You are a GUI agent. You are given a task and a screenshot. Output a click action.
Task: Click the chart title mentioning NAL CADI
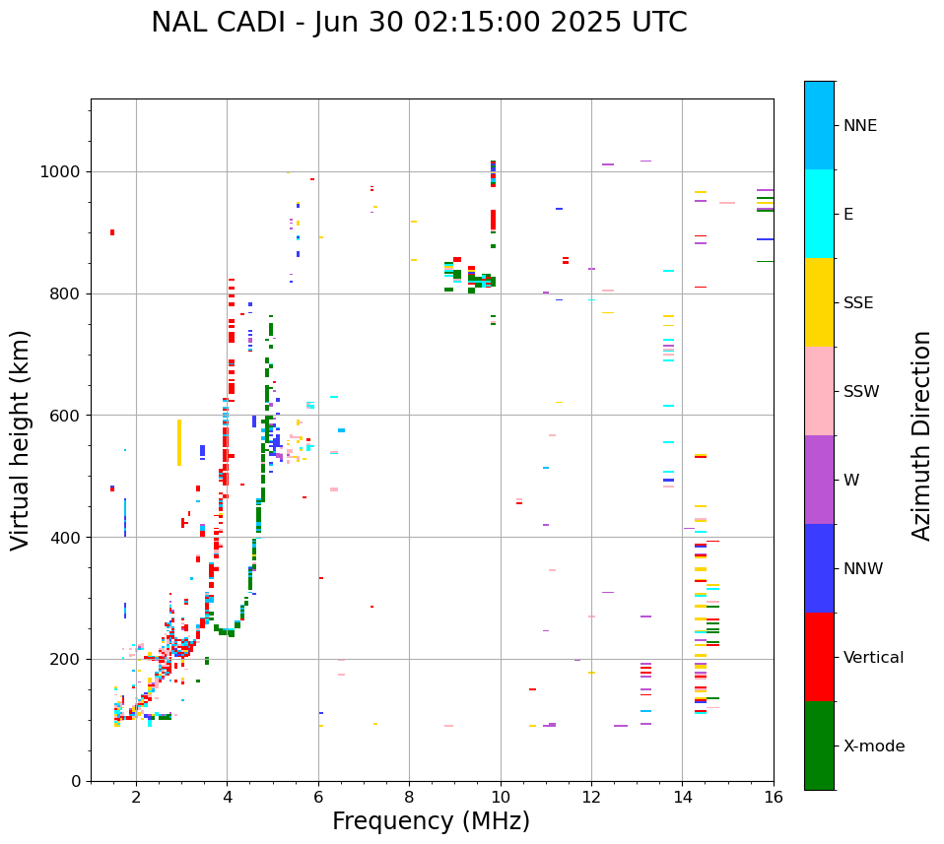(x=419, y=23)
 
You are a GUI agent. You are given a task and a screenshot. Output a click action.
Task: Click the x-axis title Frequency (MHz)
(x=431, y=821)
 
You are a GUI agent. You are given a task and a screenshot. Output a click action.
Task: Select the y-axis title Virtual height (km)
(x=21, y=440)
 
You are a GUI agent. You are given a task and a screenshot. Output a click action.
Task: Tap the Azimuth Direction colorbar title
(x=921, y=435)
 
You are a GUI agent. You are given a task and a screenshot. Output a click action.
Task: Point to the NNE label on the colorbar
(x=859, y=126)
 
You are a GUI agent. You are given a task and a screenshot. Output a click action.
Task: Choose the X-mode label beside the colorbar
(x=873, y=747)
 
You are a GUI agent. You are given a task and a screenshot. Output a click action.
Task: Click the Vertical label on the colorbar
(x=873, y=658)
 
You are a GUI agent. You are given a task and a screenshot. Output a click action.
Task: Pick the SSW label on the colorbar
(x=861, y=392)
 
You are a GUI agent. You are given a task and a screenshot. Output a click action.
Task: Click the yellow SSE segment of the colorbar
(x=819, y=302)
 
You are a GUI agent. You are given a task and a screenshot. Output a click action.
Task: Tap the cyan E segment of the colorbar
(x=819, y=214)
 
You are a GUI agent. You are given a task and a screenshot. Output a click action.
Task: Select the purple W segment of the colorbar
(x=819, y=480)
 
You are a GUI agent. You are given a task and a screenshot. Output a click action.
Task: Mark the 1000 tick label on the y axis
(x=61, y=172)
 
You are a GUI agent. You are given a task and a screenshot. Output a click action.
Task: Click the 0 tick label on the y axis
(x=76, y=781)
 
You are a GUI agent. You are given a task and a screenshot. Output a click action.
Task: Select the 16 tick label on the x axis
(x=774, y=798)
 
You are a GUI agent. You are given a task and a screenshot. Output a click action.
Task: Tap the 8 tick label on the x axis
(x=409, y=798)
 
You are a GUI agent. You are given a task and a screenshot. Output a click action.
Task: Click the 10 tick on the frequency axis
(x=501, y=798)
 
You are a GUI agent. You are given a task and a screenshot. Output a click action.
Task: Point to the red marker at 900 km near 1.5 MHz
(x=112, y=232)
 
